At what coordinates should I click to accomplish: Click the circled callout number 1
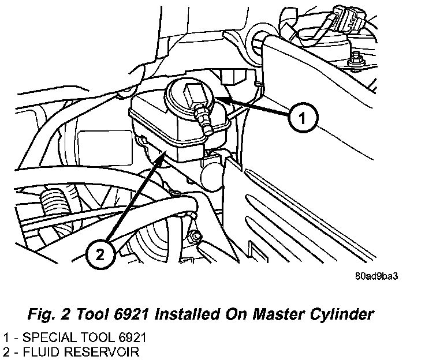pos(301,119)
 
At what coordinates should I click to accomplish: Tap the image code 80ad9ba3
pos(376,275)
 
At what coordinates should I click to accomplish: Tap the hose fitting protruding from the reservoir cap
pos(202,119)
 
